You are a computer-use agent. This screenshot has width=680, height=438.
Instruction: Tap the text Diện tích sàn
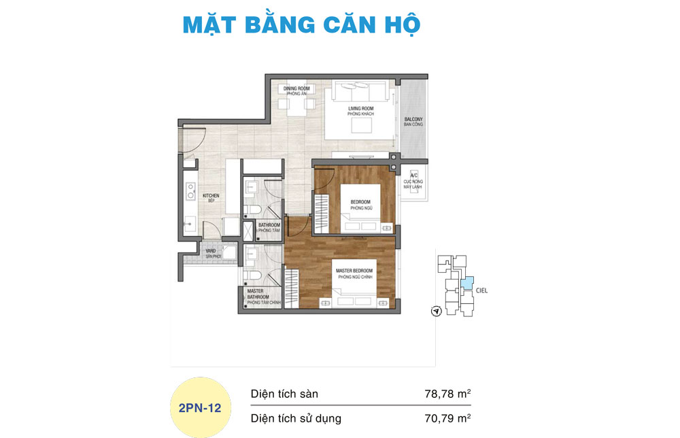(x=284, y=394)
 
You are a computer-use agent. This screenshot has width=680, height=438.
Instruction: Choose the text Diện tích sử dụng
(x=296, y=418)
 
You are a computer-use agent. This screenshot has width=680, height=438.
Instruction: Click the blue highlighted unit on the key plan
(x=466, y=284)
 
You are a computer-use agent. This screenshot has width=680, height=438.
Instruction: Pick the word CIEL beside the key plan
(x=482, y=290)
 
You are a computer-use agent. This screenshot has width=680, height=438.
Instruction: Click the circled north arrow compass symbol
(x=436, y=311)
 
